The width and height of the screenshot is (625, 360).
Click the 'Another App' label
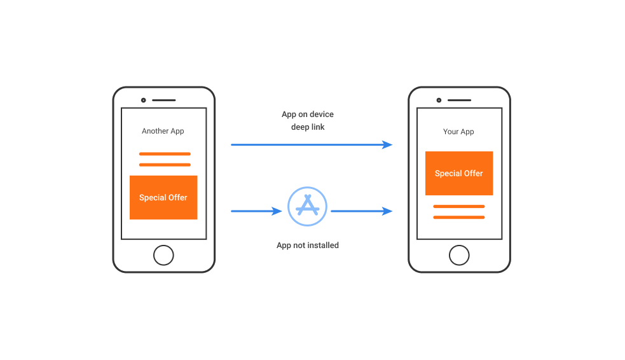tap(163, 131)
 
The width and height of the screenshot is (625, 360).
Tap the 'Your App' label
tap(458, 132)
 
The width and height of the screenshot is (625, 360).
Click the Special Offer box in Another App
tap(163, 197)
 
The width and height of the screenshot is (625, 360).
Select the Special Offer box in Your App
tap(459, 174)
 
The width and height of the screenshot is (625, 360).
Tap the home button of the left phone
tap(163, 255)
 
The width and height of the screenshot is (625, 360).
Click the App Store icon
tap(307, 207)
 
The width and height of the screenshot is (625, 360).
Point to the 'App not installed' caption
tap(308, 245)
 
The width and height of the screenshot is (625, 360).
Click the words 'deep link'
tap(308, 127)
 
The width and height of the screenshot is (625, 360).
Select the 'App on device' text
tap(308, 114)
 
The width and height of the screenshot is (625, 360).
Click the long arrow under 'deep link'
tap(312, 145)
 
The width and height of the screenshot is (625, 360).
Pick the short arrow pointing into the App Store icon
tap(256, 211)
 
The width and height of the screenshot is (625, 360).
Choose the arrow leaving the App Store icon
tap(362, 211)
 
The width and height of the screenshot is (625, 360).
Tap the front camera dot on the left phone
tap(144, 100)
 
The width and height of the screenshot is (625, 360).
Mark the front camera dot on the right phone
tap(439, 100)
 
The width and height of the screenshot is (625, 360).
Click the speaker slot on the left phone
tap(164, 100)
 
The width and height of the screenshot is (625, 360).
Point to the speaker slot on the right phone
tap(459, 100)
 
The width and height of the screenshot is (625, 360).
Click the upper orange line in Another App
tap(165, 154)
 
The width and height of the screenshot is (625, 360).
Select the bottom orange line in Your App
tap(459, 218)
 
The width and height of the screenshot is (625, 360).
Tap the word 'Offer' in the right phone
tap(473, 174)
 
